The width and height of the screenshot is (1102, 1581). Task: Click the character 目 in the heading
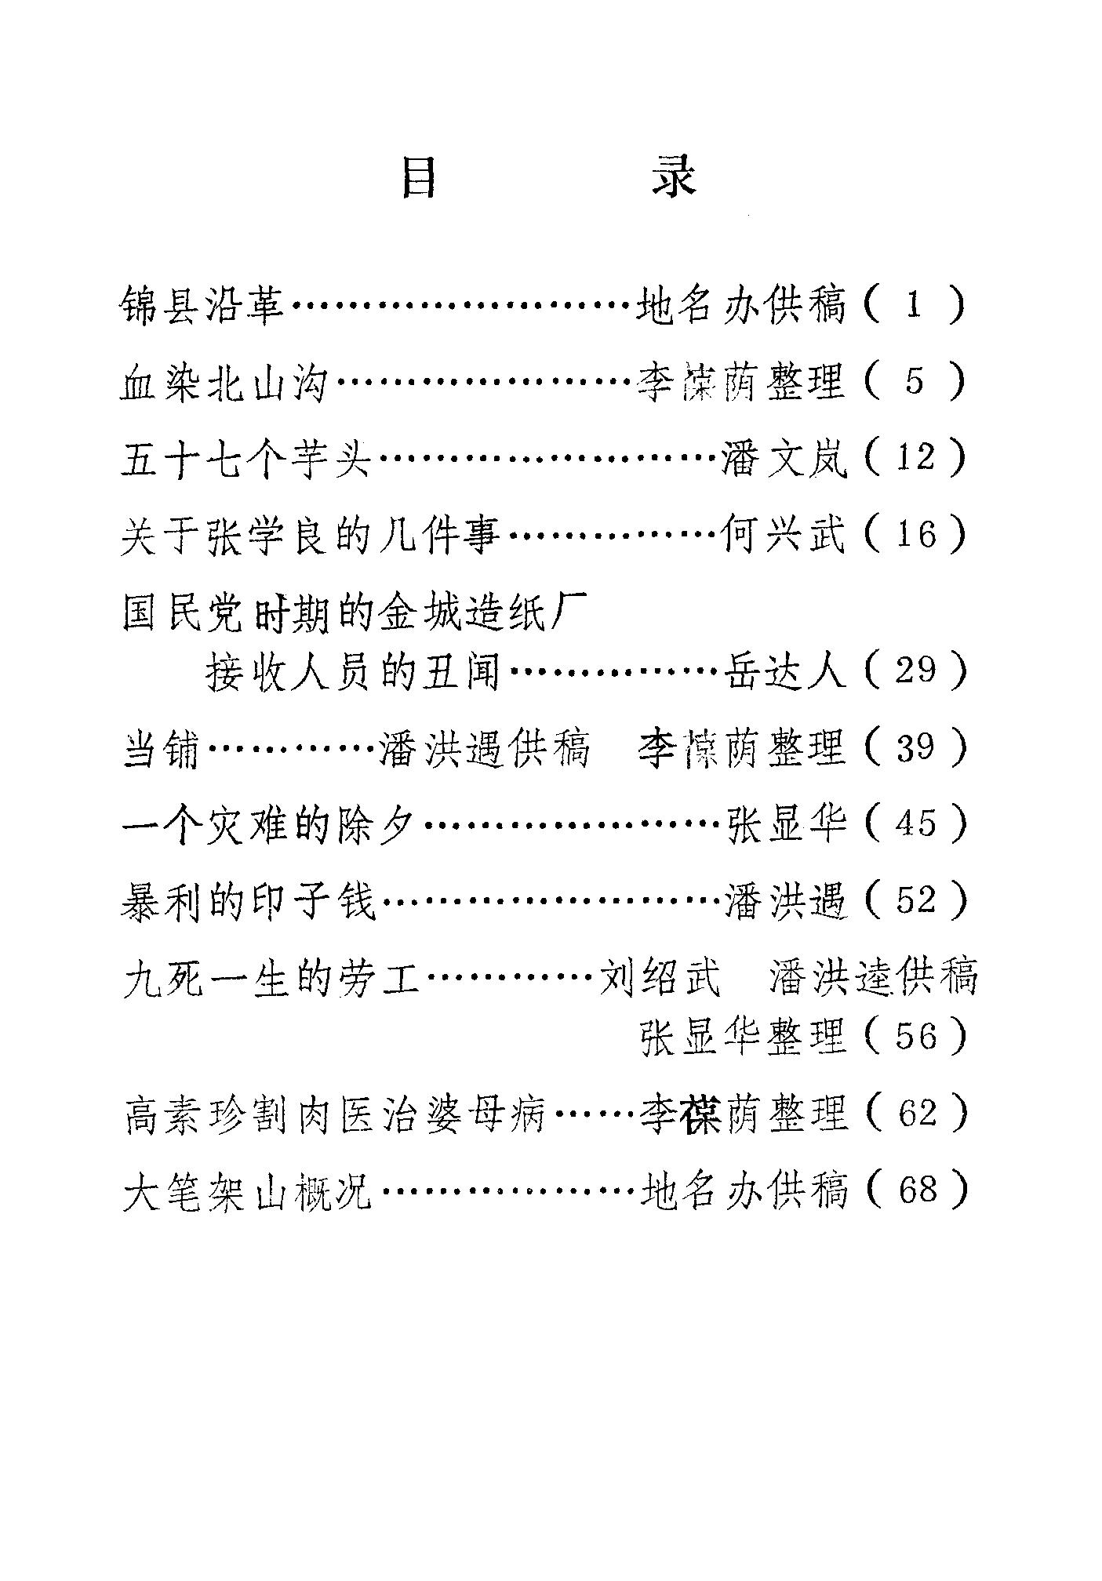pos(419,178)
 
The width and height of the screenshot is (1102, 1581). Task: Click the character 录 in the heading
pos(673,178)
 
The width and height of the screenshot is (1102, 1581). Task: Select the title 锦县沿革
pos(203,305)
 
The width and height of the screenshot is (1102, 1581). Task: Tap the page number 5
pos(915,381)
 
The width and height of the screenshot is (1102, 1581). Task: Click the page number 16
pos(915,536)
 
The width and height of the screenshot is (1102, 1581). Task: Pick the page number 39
pos(915,747)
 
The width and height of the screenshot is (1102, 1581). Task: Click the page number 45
pos(915,823)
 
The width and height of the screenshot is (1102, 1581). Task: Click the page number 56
pos(915,1036)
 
